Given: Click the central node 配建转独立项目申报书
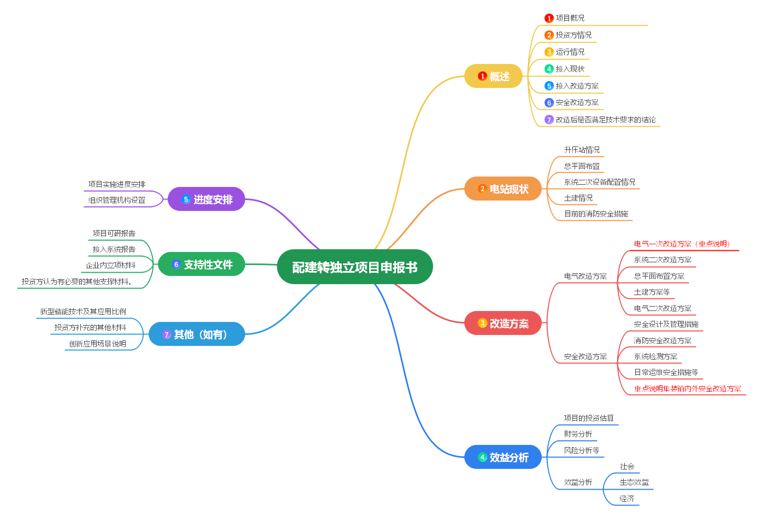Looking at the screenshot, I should click(x=354, y=267).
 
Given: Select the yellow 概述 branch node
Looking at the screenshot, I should click(x=493, y=77).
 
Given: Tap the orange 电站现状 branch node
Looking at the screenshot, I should click(x=503, y=189).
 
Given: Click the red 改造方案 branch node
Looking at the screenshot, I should click(x=503, y=324).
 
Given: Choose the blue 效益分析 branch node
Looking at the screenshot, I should click(x=503, y=457).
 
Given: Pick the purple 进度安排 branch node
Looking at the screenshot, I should click(x=206, y=199).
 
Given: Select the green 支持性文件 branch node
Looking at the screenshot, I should click(x=202, y=265).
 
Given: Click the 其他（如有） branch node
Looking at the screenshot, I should click(x=197, y=334).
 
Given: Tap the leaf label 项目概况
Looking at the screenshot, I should click(x=570, y=18).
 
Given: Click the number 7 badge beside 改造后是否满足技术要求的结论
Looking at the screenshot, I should click(x=549, y=120).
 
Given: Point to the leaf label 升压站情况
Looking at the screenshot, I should click(x=582, y=150).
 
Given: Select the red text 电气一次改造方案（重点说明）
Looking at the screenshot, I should click(x=682, y=244).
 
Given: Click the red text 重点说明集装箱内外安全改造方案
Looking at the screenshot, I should click(x=687, y=389).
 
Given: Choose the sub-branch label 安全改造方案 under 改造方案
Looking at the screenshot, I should click(x=585, y=357).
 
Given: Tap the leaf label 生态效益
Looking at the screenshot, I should click(x=634, y=483).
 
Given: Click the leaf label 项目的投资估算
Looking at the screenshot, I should click(x=588, y=418).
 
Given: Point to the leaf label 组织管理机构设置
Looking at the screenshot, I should click(x=117, y=200).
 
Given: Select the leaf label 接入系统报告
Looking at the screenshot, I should click(x=114, y=249).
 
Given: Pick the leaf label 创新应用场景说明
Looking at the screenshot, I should click(x=97, y=344).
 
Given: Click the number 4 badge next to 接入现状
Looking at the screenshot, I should click(x=549, y=69).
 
